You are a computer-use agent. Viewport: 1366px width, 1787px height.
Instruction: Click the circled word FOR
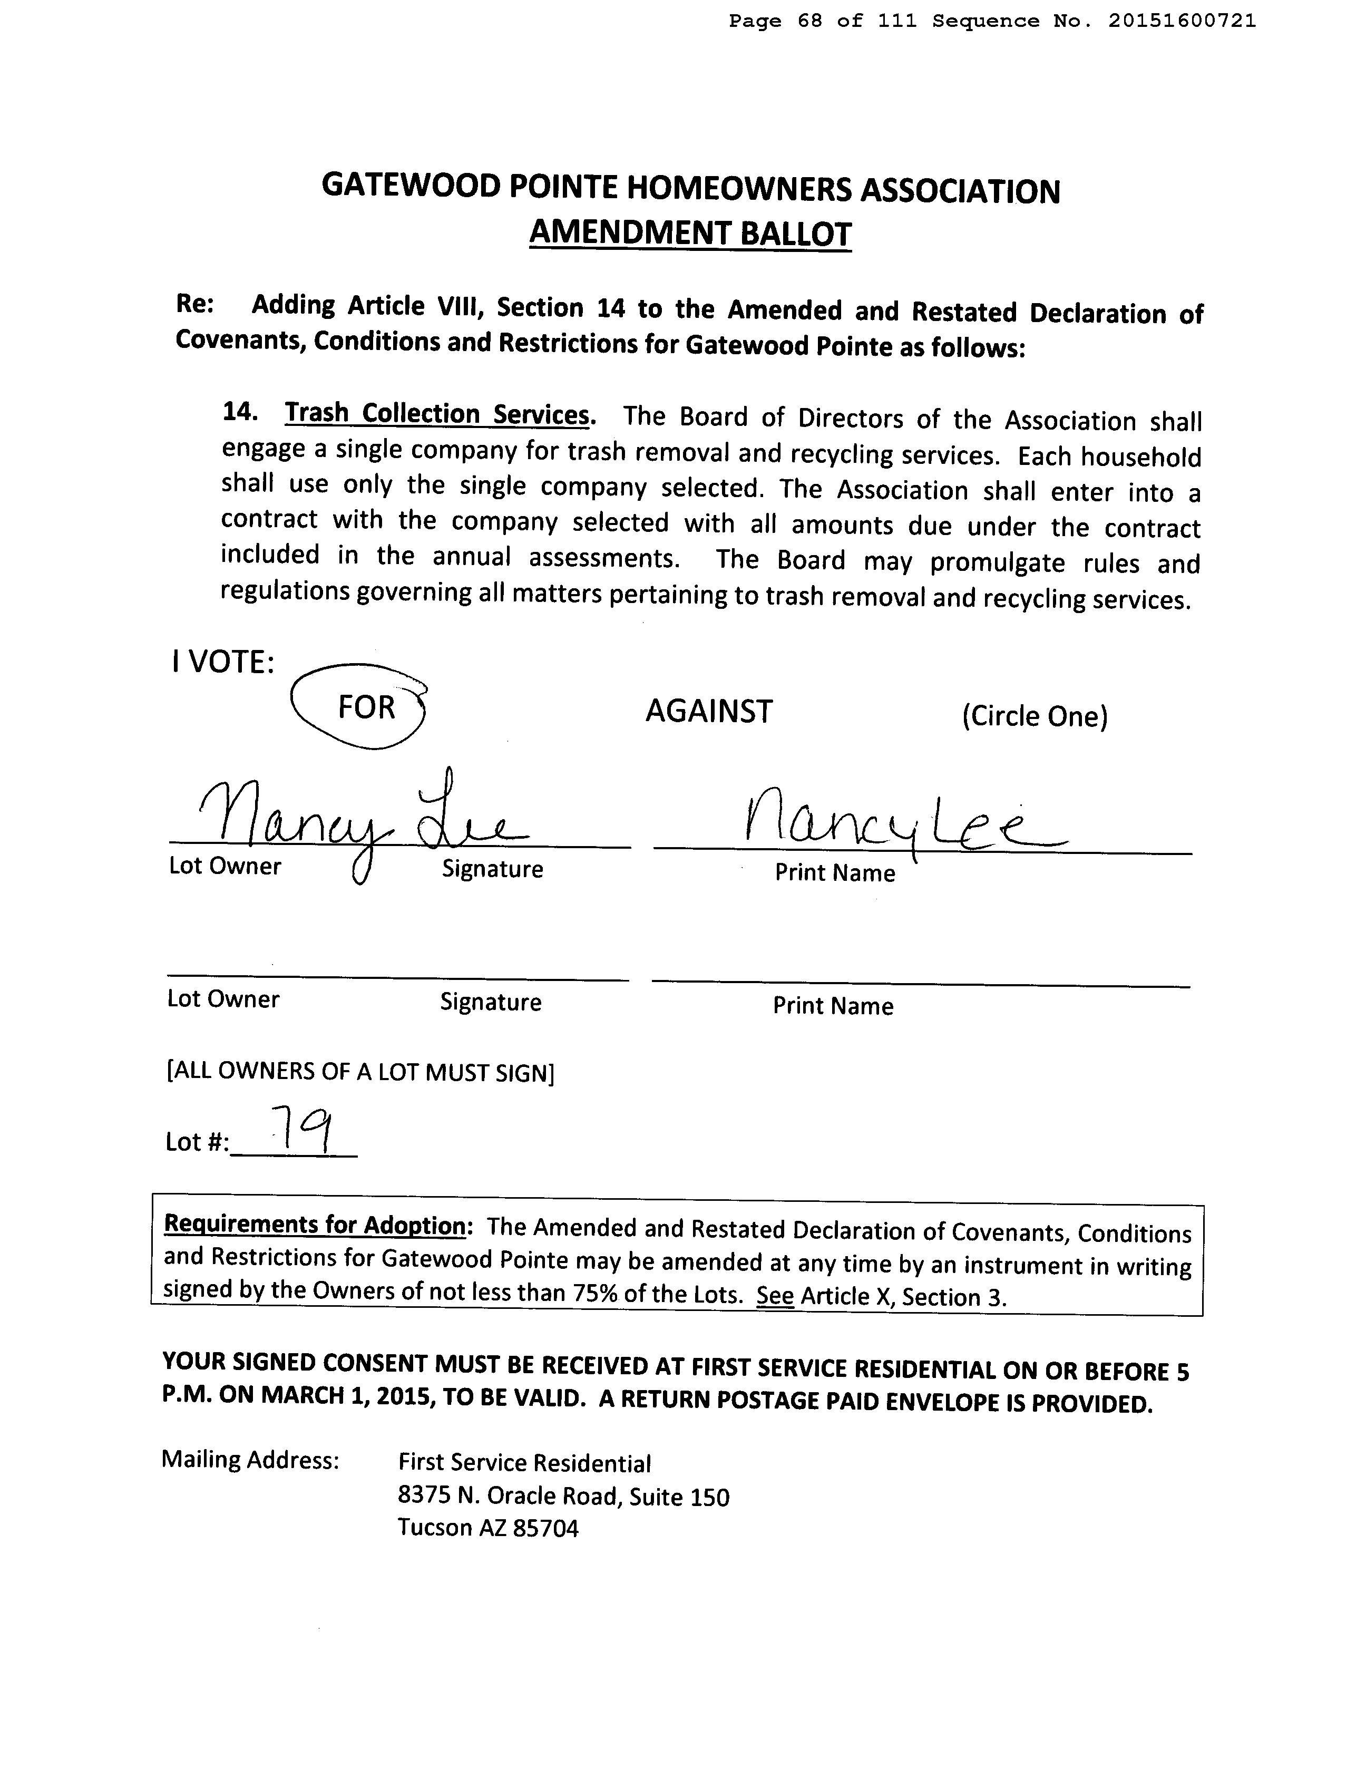366,707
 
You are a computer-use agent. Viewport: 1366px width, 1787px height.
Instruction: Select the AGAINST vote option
708,712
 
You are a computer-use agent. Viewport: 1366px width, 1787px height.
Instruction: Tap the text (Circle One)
1035,716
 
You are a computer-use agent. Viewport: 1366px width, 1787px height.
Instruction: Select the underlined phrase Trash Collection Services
437,414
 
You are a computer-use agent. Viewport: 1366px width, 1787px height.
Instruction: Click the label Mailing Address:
250,1460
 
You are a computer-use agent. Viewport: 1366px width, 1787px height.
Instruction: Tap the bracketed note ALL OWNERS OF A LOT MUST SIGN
360,1072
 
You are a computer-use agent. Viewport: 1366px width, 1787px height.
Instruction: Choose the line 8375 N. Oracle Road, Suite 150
563,1496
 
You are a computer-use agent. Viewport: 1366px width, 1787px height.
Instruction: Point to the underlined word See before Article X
774,1295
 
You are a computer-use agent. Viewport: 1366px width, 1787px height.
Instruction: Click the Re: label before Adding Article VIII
195,304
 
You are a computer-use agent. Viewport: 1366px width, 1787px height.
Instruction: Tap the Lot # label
197,1142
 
